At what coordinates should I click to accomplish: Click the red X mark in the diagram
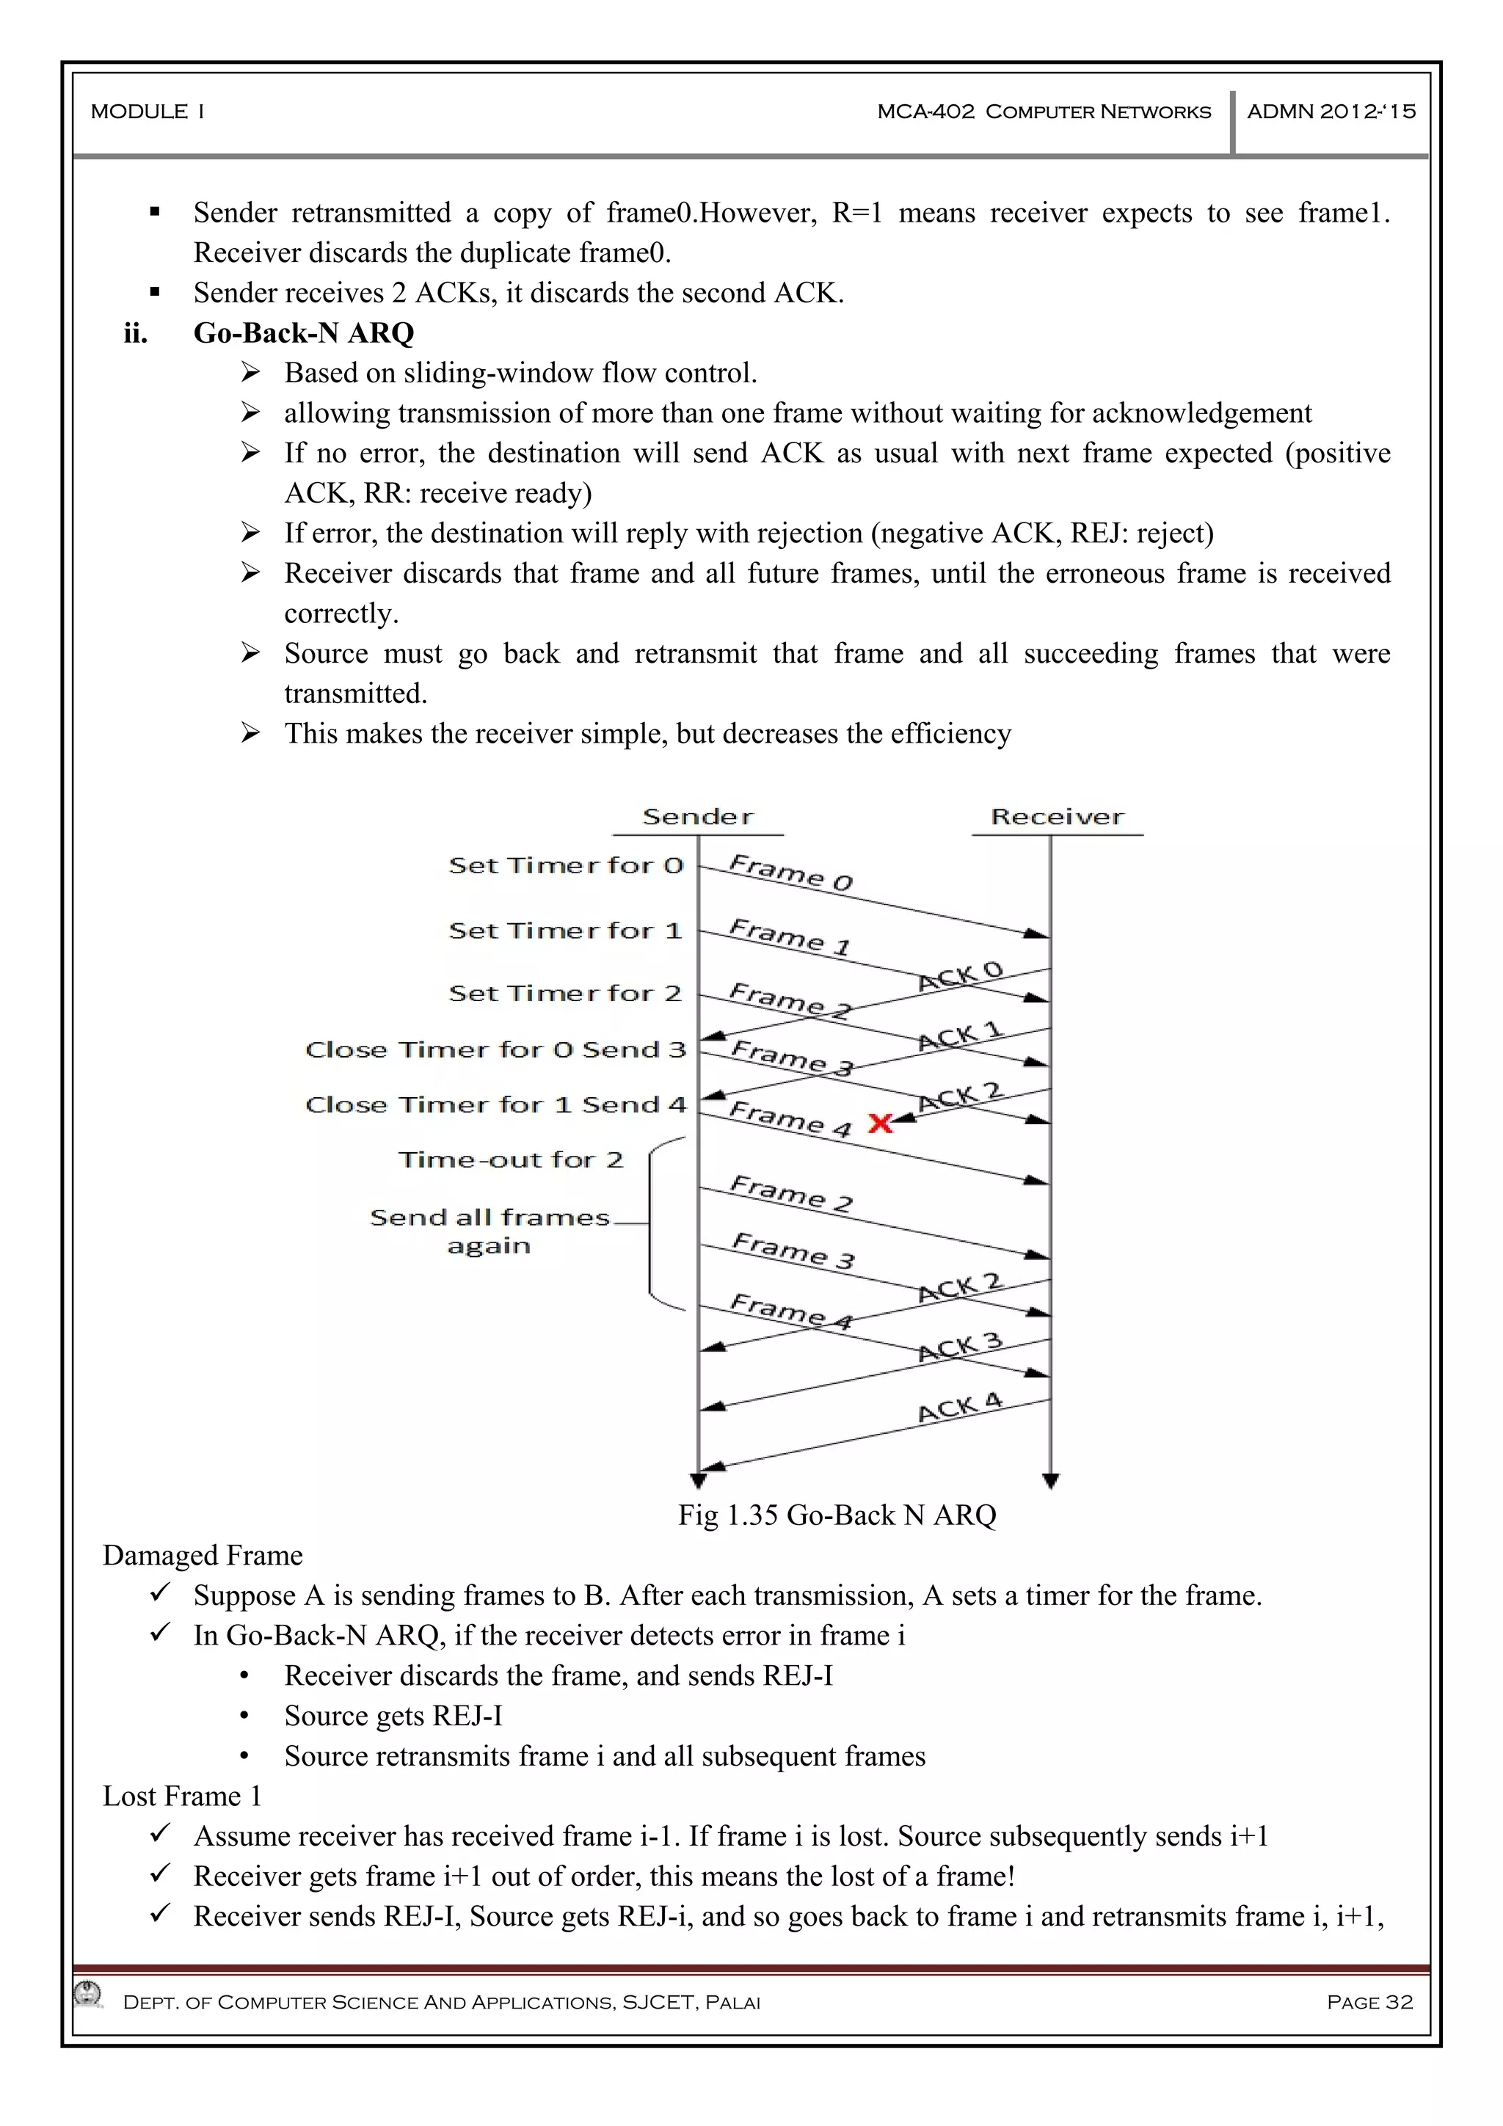(880, 1124)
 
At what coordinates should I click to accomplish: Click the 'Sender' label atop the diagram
(697, 817)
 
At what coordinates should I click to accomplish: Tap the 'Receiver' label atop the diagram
(1057, 817)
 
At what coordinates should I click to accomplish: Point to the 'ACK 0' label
(961, 976)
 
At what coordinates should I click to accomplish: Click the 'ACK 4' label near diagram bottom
(961, 1408)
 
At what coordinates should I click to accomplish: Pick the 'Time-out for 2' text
(510, 1160)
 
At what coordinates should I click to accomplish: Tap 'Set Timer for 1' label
(565, 930)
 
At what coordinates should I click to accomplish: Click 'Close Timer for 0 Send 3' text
(495, 1049)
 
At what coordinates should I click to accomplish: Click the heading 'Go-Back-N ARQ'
(304, 332)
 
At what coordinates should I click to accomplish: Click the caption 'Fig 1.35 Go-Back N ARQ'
(836, 1515)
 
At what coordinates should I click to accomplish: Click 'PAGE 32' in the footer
(1369, 2002)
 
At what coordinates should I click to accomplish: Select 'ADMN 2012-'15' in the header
(1331, 111)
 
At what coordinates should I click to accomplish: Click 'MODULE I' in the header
(148, 111)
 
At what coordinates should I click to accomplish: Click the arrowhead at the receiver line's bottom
(1050, 1481)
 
